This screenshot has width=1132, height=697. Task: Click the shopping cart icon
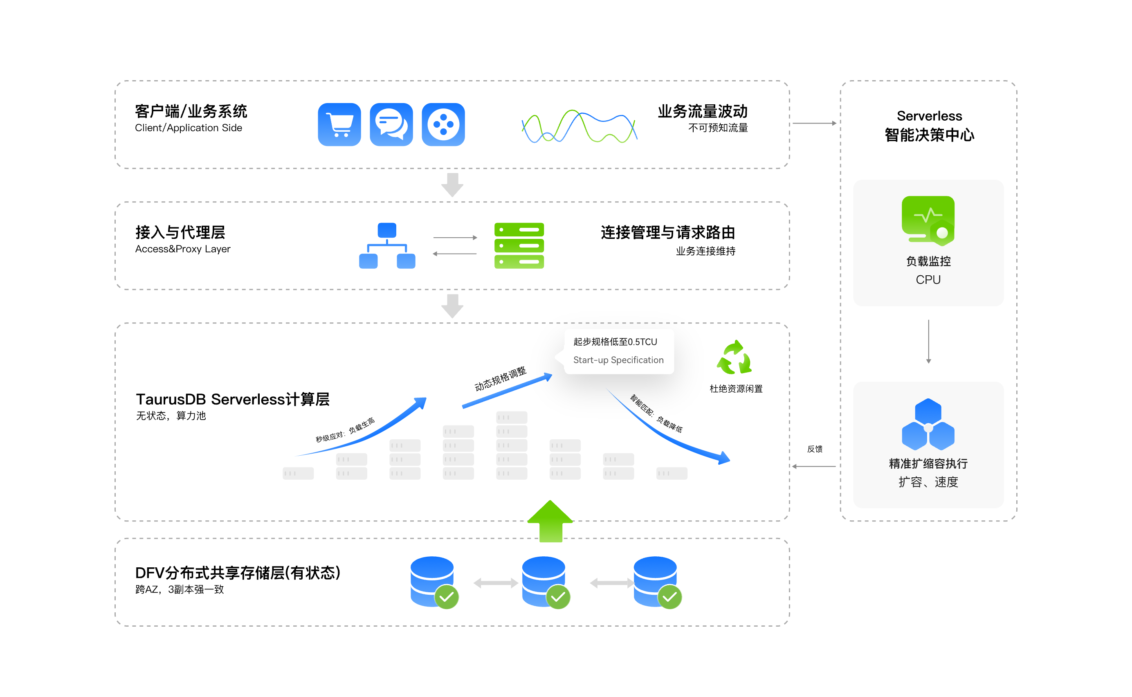339,124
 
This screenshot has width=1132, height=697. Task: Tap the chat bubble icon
391,124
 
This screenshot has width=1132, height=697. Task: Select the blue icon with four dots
443,124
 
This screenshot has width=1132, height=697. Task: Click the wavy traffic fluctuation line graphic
579,126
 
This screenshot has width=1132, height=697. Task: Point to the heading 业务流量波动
703,112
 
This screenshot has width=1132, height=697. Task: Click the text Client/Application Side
189,128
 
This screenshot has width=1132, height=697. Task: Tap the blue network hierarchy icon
387,245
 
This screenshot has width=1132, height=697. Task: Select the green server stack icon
519,245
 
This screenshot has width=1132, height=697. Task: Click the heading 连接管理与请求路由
668,232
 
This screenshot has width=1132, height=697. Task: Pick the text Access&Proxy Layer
182,249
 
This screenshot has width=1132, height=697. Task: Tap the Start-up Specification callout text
618,360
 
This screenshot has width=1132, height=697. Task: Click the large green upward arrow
550,521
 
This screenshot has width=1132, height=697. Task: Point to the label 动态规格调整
501,379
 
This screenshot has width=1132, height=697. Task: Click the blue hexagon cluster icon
928,424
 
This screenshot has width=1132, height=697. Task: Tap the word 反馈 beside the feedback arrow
814,449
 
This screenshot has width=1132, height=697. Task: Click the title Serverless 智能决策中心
929,126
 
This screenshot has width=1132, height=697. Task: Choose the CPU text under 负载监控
928,280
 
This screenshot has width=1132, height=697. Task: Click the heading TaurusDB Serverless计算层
233,399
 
